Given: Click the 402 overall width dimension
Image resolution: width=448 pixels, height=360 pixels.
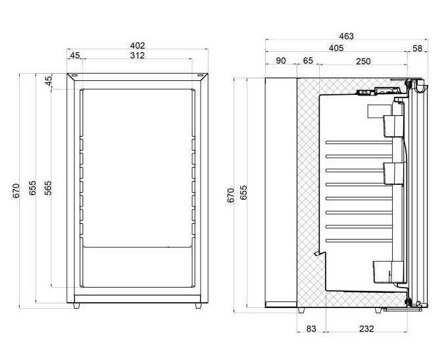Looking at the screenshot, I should (x=137, y=45).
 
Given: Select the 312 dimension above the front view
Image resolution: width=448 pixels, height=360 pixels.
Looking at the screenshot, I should (x=137, y=56).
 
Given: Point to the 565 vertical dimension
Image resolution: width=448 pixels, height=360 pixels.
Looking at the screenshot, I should (x=48, y=188).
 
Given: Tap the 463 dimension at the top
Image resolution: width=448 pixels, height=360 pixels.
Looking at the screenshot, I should (x=346, y=36).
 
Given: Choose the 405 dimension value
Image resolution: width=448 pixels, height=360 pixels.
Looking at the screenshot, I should (x=336, y=48).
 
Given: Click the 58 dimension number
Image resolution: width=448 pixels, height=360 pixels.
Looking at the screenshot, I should (x=417, y=48).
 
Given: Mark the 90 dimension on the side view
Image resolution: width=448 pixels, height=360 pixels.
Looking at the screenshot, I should (x=281, y=61).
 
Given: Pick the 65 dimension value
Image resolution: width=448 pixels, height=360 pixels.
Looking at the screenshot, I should (x=308, y=61).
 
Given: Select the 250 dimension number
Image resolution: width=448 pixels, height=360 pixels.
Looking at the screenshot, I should (x=362, y=61).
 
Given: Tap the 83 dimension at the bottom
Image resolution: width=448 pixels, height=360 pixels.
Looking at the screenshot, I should (x=312, y=328).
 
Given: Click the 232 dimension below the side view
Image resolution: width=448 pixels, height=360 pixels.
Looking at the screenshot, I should (x=366, y=328).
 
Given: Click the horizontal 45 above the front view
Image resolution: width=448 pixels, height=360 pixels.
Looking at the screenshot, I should (x=74, y=56).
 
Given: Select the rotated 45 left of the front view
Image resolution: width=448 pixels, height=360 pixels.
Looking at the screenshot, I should (x=48, y=81).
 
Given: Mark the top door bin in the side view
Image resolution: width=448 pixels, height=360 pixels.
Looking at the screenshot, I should (x=393, y=125).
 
